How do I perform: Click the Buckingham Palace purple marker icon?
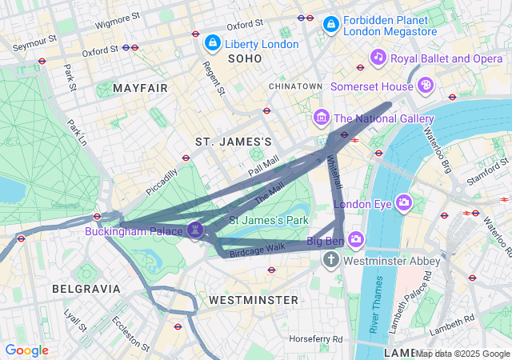point(194,230)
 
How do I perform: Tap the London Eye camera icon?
point(403,202)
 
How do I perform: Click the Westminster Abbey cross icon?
point(331,261)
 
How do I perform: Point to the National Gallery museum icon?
point(322,118)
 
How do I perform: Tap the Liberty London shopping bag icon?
point(212,42)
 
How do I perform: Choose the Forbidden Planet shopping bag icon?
point(330,26)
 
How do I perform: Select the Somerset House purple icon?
point(426,85)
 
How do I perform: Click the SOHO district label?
point(245,58)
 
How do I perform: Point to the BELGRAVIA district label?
point(86,288)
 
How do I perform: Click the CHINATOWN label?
point(295,86)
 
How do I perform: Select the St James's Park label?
point(269,219)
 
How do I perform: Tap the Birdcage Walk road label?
point(257,250)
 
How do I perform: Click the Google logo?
point(26,350)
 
